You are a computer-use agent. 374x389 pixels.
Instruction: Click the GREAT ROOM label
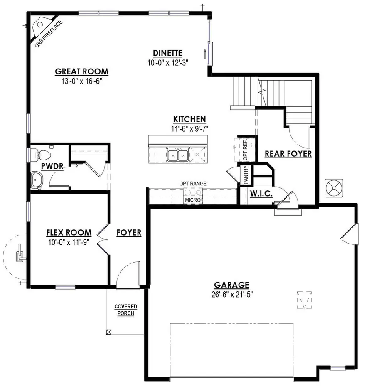click(x=81, y=71)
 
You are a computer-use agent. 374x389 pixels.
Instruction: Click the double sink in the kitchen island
click(x=177, y=155)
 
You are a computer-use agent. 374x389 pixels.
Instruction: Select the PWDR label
click(x=52, y=167)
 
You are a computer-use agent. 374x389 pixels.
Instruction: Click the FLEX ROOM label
click(x=69, y=232)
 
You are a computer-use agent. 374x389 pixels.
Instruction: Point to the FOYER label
click(x=129, y=233)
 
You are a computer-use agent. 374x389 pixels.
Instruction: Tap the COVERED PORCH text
click(x=125, y=310)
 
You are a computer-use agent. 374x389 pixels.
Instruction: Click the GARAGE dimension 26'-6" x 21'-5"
click(x=231, y=294)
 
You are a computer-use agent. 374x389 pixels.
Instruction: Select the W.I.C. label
click(x=260, y=194)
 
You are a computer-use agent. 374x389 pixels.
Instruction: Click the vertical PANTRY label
click(x=246, y=175)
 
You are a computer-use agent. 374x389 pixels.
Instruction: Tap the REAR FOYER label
click(x=288, y=154)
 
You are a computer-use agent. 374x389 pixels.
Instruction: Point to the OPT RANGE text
click(x=193, y=183)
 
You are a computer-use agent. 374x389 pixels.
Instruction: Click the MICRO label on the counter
click(x=193, y=200)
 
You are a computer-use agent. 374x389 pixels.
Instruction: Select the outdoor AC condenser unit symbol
click(x=335, y=188)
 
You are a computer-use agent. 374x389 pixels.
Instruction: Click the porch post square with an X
click(x=109, y=332)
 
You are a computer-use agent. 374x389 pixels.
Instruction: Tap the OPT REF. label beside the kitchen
click(x=245, y=149)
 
